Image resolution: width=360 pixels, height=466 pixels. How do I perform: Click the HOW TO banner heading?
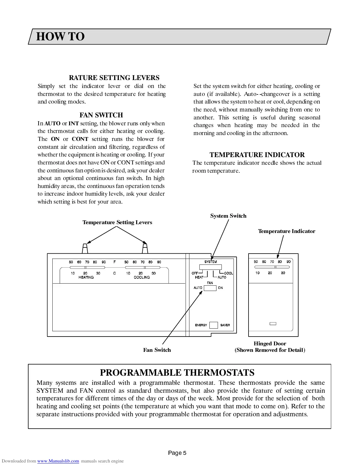[x=60, y=37]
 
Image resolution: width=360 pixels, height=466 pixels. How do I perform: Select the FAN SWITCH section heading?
[x=101, y=115]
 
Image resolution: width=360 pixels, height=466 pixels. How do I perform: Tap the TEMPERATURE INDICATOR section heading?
[x=257, y=155]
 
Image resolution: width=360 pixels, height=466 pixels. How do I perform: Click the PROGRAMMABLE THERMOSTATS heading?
[x=177, y=372]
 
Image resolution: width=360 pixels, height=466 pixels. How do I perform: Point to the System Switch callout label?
[x=228, y=216]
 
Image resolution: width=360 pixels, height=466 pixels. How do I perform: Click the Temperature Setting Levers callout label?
[x=117, y=222]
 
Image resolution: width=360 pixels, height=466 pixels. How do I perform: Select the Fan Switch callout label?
[x=157, y=350]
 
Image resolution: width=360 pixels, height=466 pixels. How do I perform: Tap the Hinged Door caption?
[x=270, y=344]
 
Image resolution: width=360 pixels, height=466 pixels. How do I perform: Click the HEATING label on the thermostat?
[x=86, y=277]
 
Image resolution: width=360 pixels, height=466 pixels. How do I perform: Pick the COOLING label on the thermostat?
[x=142, y=277]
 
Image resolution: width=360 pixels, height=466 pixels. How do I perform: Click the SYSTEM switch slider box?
[x=210, y=267]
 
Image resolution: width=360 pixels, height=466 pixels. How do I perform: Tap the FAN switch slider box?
[x=210, y=288]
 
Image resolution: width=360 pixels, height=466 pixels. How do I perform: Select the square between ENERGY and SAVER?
[x=214, y=325]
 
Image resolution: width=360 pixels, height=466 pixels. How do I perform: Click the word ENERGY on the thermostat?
[x=201, y=325]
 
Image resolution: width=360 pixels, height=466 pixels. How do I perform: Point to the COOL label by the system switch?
[x=229, y=273]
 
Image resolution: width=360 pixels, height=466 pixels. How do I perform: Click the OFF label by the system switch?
[x=195, y=273]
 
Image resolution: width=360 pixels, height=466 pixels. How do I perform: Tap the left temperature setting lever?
[x=85, y=249]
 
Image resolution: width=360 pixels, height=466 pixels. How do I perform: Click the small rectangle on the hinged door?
[x=273, y=324]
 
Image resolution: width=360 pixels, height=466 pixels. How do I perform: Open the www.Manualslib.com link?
[x=58, y=461]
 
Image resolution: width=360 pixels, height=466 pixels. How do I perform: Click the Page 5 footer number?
[x=177, y=453]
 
